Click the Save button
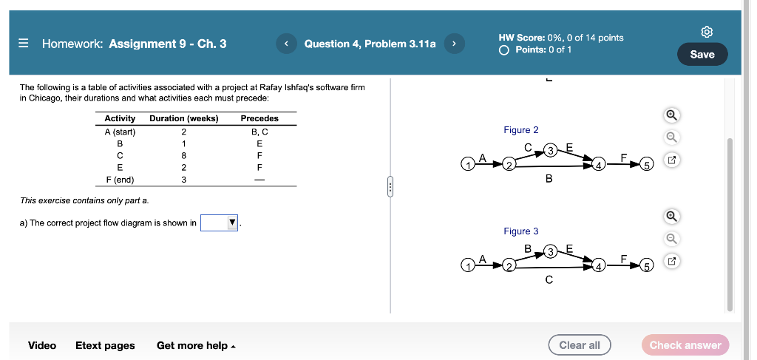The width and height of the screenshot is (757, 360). point(702,54)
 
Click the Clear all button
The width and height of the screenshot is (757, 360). point(579,345)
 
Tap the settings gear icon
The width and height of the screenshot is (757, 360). point(707,32)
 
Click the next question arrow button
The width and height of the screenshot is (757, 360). point(454,44)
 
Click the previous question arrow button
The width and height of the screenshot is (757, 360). point(286,44)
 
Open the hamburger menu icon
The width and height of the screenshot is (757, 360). point(23,44)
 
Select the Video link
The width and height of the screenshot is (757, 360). point(42,345)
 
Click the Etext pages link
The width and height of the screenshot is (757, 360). point(105,345)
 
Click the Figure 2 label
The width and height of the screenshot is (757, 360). point(521,130)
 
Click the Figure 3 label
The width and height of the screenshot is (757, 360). point(521,231)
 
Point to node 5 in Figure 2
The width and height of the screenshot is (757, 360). point(646,164)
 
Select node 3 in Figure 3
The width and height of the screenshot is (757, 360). point(549,252)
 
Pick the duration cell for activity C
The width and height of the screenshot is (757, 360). point(183,155)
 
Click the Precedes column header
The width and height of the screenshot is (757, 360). point(259,118)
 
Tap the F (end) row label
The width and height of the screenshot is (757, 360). point(120,179)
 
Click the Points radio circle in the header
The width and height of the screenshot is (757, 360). point(504,50)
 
